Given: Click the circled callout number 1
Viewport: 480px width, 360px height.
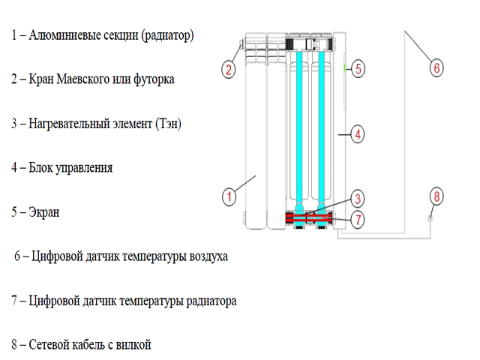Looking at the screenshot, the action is pos(229,196).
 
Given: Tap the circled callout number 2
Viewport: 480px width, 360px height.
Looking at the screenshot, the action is pos(228,70).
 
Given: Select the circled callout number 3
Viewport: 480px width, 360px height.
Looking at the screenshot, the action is pos(357,199).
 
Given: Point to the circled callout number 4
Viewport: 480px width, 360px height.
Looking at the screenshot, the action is pos(357,134).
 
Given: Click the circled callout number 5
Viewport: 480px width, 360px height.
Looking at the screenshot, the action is pos(358,68).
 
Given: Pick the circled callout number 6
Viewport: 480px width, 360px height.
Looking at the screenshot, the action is pos(436,68).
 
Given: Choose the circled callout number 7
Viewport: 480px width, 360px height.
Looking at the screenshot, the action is pos(357,220).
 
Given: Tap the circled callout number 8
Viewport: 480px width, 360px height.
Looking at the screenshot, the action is pos(436,196).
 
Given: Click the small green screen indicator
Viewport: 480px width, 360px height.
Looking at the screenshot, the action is pos(345,67).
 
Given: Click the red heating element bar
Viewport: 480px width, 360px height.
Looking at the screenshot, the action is pos(308,217).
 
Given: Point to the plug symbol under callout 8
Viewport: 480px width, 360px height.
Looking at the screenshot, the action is pos(430,218).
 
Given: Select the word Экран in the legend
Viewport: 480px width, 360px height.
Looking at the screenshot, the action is pos(43,211).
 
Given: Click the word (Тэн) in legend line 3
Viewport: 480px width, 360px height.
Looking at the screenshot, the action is pos(168,124).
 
